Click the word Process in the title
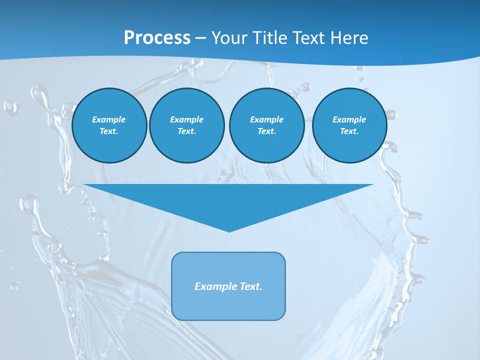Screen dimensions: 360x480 pyautogui.click(x=157, y=38)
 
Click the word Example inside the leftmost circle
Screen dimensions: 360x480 pyautogui.click(x=109, y=119)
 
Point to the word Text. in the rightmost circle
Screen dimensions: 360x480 pyautogui.click(x=349, y=131)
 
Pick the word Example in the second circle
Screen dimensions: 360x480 pyautogui.click(x=186, y=119)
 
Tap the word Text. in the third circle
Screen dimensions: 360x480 pyautogui.click(x=266, y=131)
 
